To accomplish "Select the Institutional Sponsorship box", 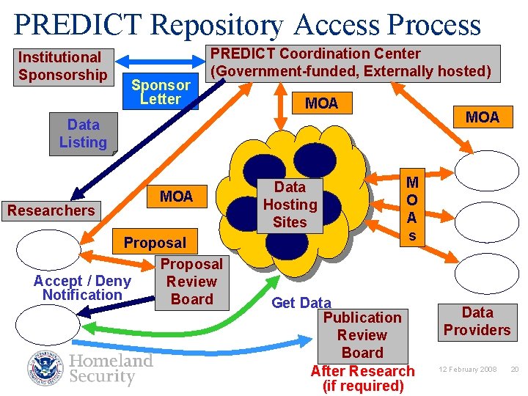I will pyautogui.click(x=62, y=66).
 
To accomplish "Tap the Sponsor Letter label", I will pyautogui.click(x=161, y=92).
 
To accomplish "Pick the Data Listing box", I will pyautogui.click(x=83, y=133).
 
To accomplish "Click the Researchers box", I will pyautogui.click(x=51, y=210).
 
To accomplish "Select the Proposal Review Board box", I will pyautogui.click(x=191, y=282).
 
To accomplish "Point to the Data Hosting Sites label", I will pyautogui.click(x=290, y=205).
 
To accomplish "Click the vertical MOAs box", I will pyautogui.click(x=412, y=208).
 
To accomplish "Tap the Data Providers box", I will pyautogui.click(x=476, y=321).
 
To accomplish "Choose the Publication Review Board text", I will pyautogui.click(x=362, y=334).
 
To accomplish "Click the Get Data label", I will pyautogui.click(x=301, y=302).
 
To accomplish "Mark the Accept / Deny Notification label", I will pyautogui.click(x=82, y=287).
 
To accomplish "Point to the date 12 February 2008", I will pyautogui.click(x=468, y=369).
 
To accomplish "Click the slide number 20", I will pyautogui.click(x=514, y=369).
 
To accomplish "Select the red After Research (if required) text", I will pyautogui.click(x=362, y=378).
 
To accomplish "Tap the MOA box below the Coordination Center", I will pyautogui.click(x=321, y=103).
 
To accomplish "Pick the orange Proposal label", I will pyautogui.click(x=155, y=242).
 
